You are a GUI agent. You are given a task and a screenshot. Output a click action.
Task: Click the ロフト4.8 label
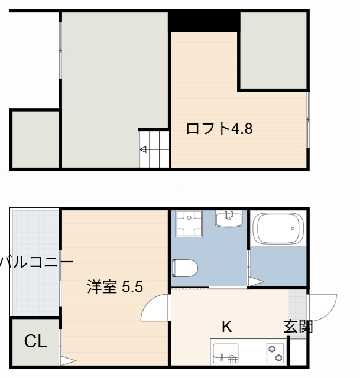219,129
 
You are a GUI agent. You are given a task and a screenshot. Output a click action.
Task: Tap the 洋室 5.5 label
115,288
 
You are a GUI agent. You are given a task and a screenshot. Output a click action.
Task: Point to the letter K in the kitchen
226,327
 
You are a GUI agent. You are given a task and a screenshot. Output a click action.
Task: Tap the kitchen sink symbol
225,352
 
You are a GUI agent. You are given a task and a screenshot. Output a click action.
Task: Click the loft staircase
154,149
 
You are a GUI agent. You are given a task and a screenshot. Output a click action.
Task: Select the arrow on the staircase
143,149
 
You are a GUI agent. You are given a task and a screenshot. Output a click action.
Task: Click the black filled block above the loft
204,21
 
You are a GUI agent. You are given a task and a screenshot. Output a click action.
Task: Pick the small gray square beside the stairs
35,139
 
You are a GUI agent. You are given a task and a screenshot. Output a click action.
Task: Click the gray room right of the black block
273,51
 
